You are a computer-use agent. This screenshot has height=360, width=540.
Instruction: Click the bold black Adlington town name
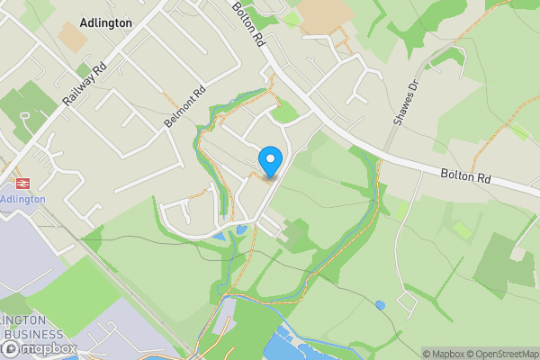click(106, 22)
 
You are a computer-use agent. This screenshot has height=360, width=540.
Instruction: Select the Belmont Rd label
click(186, 106)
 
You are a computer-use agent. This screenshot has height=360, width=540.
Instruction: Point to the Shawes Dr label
click(406, 103)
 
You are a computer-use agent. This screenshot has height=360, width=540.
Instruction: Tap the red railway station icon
click(22, 182)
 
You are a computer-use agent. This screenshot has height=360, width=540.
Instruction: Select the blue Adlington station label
click(22, 199)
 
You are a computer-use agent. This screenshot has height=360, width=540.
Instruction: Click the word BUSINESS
click(33, 335)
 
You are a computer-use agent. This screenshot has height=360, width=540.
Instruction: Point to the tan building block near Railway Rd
click(73, 36)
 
